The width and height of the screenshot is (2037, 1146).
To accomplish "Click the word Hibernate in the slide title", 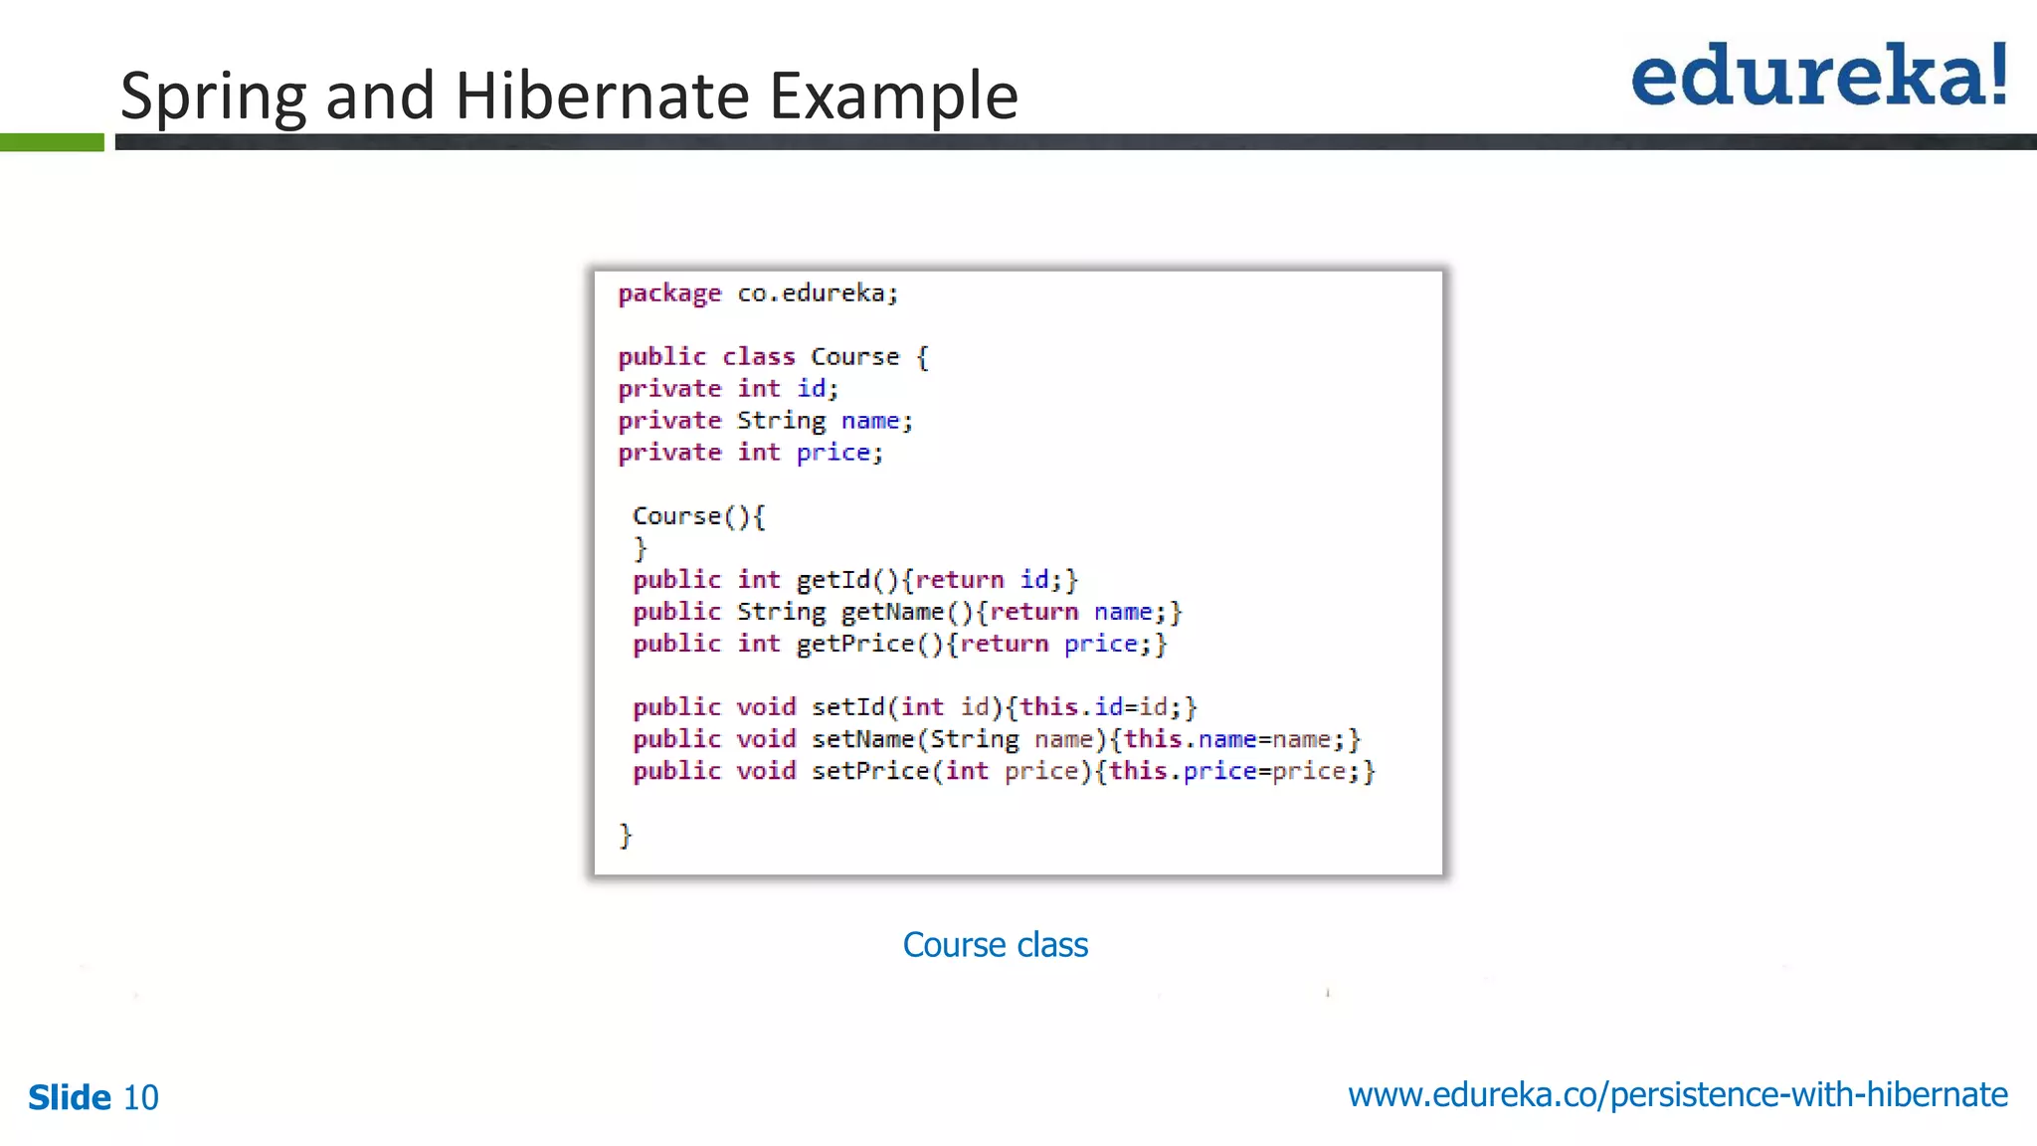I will coord(603,95).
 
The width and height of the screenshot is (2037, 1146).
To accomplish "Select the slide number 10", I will coord(140,1097).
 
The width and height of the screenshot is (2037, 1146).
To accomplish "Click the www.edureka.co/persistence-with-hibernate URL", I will coord(1677,1094).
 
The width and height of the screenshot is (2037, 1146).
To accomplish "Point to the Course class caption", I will coord(995,944).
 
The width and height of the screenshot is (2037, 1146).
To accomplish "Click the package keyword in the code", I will coord(669,293).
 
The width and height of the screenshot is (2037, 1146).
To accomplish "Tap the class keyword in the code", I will coord(758,356).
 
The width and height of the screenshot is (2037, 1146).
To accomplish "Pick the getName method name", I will coord(892,611).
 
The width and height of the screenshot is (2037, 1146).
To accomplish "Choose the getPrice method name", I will coord(855,644).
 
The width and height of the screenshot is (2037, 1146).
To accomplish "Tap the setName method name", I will coord(862,739).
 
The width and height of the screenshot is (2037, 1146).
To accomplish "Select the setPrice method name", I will coord(870,771).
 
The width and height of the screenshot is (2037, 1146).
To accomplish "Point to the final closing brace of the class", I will coord(626,835).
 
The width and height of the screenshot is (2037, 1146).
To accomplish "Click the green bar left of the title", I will coord(52,142).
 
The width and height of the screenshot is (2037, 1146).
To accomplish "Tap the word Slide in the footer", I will coord(70,1097).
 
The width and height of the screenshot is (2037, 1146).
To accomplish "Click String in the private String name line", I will coord(781,421).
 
